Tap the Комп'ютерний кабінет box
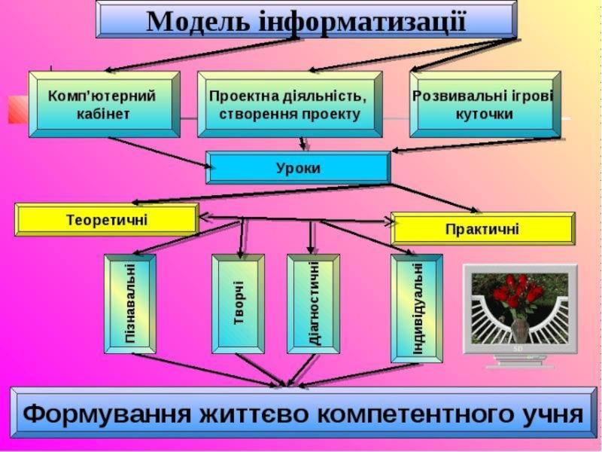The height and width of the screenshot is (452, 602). coord(103,105)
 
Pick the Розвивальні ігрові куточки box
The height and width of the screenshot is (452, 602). coord(484,105)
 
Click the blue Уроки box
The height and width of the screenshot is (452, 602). coord(298,168)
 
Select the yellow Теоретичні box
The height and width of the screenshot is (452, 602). coord(106,220)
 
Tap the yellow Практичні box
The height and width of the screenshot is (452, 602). coord(482,228)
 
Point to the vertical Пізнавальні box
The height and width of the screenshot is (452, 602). coord(130,303)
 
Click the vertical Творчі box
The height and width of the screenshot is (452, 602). coord(239,303)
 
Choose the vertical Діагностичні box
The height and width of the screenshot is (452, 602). coord(313,303)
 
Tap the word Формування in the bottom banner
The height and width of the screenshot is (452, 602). coord(102,414)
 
